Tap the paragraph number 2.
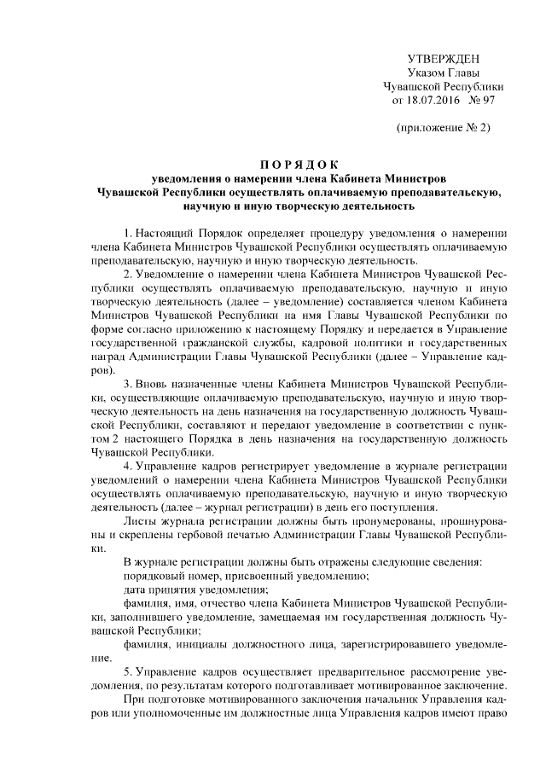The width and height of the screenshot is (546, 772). click(126, 274)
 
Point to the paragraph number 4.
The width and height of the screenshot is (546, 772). click(126, 466)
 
